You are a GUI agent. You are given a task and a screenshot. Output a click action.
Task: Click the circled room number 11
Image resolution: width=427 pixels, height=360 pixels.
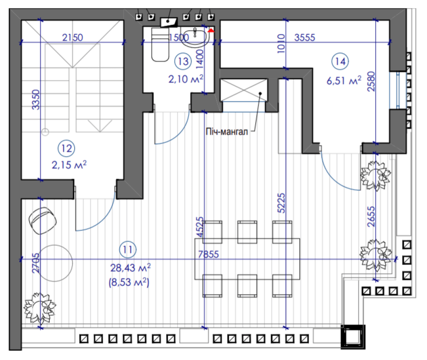[128, 249]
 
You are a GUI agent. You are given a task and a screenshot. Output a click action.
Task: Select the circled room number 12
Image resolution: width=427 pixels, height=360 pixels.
[67, 148]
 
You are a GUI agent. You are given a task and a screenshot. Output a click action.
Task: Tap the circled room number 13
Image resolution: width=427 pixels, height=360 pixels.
[183, 61]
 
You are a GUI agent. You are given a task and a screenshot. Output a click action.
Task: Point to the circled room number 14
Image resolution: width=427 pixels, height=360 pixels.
[340, 61]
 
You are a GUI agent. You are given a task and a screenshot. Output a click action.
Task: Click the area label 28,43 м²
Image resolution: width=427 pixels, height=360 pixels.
[130, 268]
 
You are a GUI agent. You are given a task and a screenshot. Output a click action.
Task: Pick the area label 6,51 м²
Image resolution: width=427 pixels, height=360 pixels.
[344, 81]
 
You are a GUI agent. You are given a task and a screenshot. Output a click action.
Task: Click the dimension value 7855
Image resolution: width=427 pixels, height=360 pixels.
[208, 254]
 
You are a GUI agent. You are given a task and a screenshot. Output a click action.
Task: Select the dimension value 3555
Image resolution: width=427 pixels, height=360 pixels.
[305, 37]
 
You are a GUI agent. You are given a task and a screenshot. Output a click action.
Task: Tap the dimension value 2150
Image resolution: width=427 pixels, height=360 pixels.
[73, 37]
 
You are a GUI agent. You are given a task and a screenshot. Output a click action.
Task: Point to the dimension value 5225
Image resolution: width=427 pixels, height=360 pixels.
[281, 203]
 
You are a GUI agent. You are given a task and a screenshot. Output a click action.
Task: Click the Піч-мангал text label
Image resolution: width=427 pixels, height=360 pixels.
[227, 132]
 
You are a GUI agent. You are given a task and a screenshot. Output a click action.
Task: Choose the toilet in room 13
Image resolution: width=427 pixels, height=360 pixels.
[160, 44]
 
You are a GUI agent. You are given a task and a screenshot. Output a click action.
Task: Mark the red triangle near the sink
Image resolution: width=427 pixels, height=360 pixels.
[211, 30]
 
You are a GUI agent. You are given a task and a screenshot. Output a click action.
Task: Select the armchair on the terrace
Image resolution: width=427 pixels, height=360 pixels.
[43, 221]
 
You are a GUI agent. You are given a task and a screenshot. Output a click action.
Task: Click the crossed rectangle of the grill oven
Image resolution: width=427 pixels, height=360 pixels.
[243, 90]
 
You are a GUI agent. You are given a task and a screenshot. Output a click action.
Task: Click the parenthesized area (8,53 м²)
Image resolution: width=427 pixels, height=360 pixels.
[129, 282]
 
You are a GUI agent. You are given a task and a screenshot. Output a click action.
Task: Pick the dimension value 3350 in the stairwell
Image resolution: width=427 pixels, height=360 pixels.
[36, 99]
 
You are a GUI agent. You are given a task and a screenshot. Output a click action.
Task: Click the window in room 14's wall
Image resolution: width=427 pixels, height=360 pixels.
[398, 90]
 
